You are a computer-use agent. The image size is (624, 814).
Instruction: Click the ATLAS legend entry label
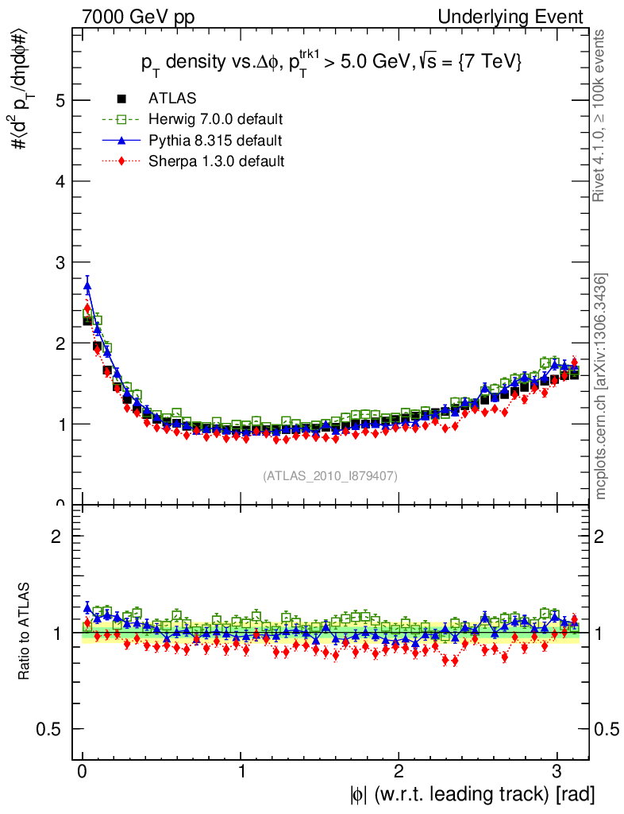[x=172, y=99]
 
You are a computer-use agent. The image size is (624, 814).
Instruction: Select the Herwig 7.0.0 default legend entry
[x=215, y=119]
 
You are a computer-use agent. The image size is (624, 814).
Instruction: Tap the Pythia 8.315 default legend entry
[x=214, y=141]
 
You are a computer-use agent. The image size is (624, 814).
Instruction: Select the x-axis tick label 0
[x=82, y=771]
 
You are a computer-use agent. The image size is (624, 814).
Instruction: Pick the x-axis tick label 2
[x=399, y=771]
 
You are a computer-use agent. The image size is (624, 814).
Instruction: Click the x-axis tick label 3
[x=557, y=771]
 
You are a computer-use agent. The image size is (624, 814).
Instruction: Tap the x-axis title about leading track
[x=470, y=793]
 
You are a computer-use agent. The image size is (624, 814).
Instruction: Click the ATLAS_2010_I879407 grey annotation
[x=330, y=475]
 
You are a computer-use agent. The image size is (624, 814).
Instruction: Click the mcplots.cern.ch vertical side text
[x=601, y=386]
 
